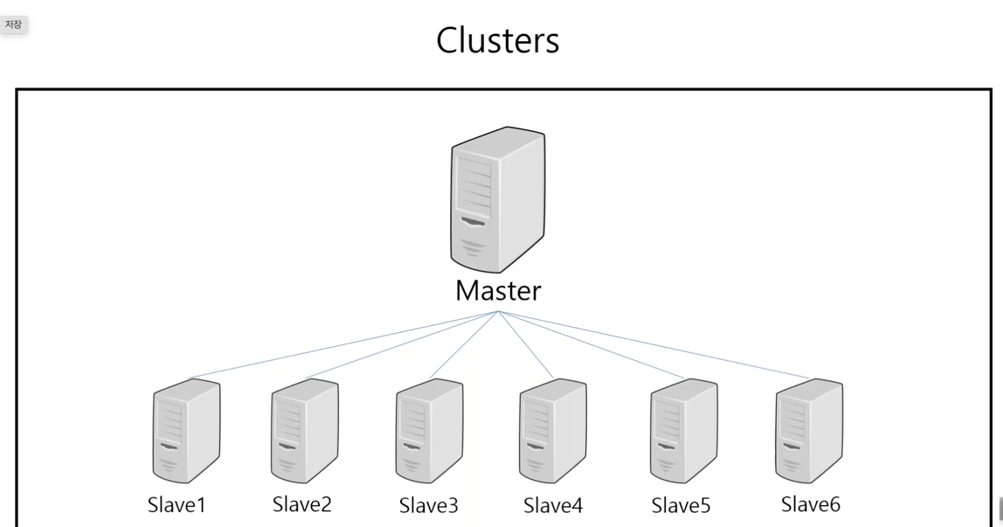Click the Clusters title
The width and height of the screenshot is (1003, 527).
pos(498,40)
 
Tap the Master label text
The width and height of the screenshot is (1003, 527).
pos(498,291)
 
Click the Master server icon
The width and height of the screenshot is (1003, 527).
pos(498,199)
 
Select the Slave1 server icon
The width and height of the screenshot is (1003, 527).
pos(186,430)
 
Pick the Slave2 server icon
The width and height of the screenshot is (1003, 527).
pos(304,430)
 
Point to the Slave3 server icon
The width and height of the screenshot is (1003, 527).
pos(429,430)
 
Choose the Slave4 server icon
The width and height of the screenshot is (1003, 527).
pos(553,430)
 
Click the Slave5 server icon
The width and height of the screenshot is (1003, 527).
pos(683,430)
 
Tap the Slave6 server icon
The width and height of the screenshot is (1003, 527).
pos(808,430)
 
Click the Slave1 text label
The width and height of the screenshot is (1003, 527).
pos(176,505)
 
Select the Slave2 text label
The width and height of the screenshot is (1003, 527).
pos(302,504)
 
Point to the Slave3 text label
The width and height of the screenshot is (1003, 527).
pos(429,506)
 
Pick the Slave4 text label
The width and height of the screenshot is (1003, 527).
pos(553,506)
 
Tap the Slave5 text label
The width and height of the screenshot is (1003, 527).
pos(681,506)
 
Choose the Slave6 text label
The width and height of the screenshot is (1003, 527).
pos(811,504)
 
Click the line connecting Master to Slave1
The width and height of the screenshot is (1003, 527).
pos(343,344)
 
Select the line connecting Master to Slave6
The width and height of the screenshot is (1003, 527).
pos(654,344)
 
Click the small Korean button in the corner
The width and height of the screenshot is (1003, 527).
pos(13,25)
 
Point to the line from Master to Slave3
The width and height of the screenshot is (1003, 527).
pos(464,344)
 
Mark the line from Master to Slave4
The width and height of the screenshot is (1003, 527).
pos(526,344)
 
